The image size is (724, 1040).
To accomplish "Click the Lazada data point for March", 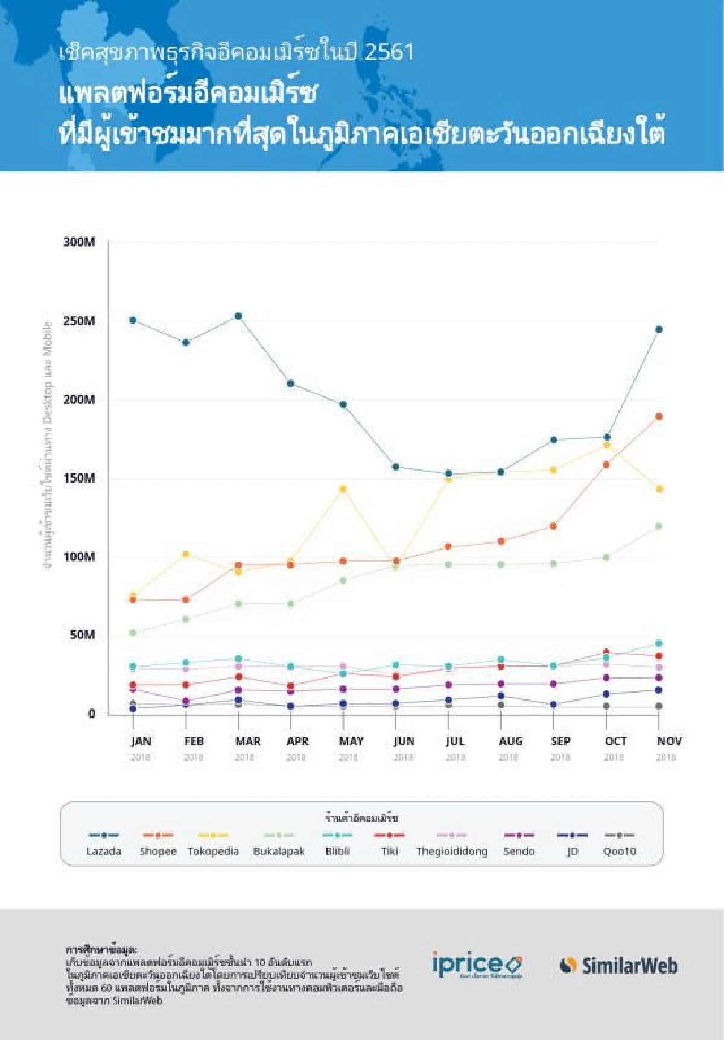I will pyautogui.click(x=238, y=316).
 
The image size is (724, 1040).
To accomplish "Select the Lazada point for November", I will pyautogui.click(x=659, y=329).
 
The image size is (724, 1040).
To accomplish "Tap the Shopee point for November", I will pyautogui.click(x=659, y=417).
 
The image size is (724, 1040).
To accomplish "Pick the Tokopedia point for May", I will pyautogui.click(x=343, y=489).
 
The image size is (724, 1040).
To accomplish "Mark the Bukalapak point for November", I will pyautogui.click(x=659, y=527).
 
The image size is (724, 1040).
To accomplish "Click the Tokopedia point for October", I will pyautogui.click(x=606, y=445).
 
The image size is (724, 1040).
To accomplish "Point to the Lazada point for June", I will pyautogui.click(x=395, y=467).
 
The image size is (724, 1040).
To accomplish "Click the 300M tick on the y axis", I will pyautogui.click(x=79, y=243).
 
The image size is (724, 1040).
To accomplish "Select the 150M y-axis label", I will pyautogui.click(x=79, y=478).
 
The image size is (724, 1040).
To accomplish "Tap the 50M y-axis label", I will pyautogui.click(x=82, y=635).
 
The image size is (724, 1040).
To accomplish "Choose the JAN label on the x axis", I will pyautogui.click(x=141, y=741).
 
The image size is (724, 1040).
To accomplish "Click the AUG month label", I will pyautogui.click(x=510, y=741).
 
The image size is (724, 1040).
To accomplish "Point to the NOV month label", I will pyautogui.click(x=669, y=741).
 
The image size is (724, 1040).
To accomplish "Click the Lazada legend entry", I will pyautogui.click(x=104, y=851).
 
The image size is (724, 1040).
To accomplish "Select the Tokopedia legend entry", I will pyautogui.click(x=213, y=851).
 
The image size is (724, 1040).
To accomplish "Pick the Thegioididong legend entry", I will pyautogui.click(x=452, y=851).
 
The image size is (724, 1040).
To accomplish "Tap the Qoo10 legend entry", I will pyautogui.click(x=620, y=851).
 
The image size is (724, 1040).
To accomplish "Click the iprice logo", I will pyautogui.click(x=477, y=965).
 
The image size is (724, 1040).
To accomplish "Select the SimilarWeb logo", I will pyautogui.click(x=619, y=966).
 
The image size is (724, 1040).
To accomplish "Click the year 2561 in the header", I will pyautogui.click(x=389, y=52).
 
